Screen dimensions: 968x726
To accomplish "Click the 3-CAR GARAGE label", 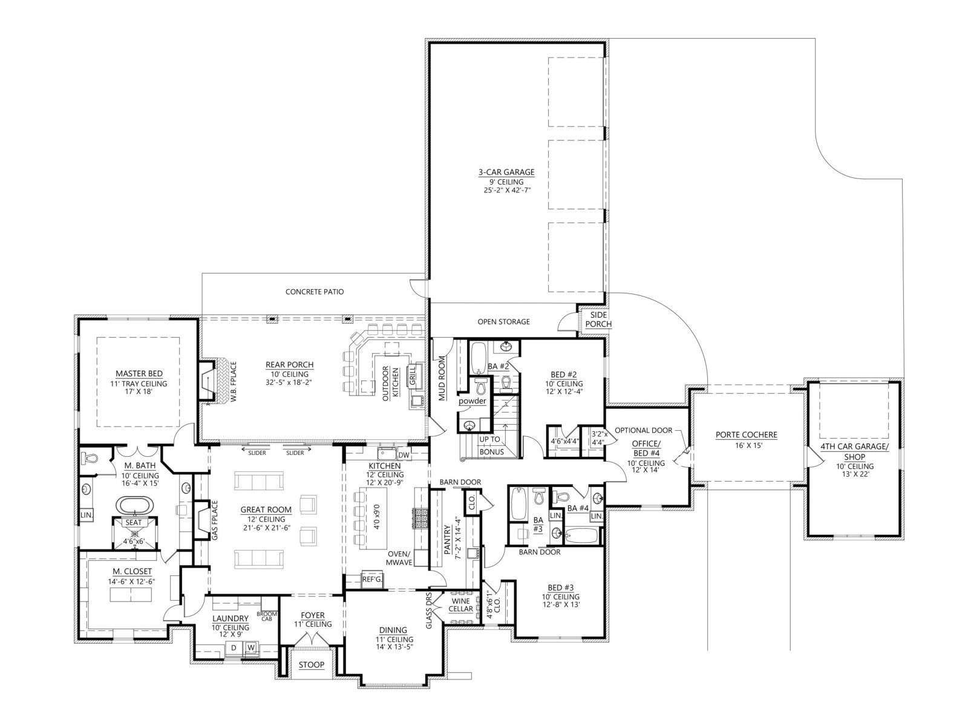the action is pos(506,172).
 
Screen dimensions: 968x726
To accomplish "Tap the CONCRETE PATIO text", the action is pos(315,292).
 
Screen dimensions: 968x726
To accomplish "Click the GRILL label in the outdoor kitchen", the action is pos(413,376).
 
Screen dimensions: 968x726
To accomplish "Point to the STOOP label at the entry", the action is pos(312,665).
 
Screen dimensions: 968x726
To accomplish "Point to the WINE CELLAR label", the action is pos(461,605).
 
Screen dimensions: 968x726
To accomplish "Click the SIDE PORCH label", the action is pos(598,319).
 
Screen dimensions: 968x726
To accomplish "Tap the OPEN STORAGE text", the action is pos(503,322).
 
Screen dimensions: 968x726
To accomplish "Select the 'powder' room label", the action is pos(473,401).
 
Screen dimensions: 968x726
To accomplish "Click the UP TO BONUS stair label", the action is pos(491,446).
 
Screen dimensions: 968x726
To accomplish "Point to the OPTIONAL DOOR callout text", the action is pos(644,430).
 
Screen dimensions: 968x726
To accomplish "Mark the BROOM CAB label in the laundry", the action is pos(267,616).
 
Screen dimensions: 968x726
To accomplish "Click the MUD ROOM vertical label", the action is pos(442,378).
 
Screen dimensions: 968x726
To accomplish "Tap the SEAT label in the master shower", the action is pos(134,523).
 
